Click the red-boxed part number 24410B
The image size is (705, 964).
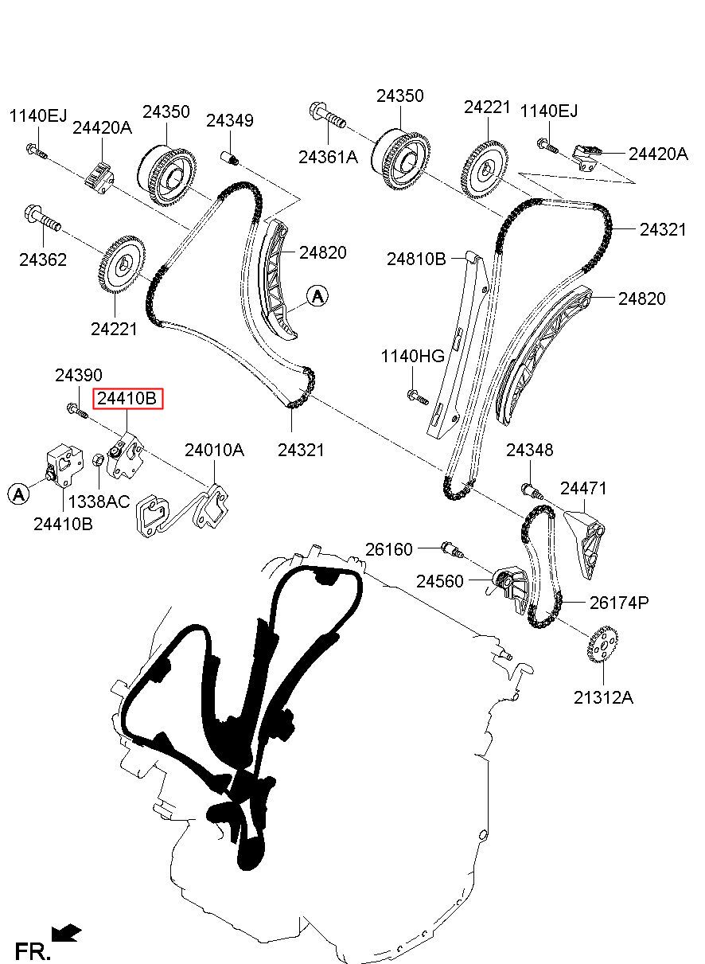click(128, 398)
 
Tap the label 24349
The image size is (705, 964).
click(230, 121)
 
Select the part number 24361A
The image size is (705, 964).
click(328, 157)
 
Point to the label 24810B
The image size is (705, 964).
click(416, 259)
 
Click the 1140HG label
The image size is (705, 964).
click(412, 356)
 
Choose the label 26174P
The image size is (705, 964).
click(618, 603)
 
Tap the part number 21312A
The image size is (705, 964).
click(603, 697)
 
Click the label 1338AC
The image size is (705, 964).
click(99, 502)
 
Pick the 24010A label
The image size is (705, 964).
click(214, 450)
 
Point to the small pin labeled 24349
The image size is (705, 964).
click(230, 158)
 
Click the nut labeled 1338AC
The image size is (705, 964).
click(99, 459)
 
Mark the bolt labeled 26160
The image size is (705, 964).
click(453, 550)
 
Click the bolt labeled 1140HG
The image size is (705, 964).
click(417, 396)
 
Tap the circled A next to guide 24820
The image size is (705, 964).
click(317, 295)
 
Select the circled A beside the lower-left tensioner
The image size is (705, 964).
click(18, 494)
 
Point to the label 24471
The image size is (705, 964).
click(583, 489)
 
